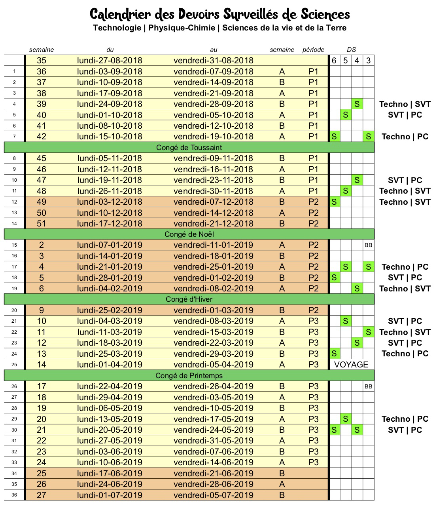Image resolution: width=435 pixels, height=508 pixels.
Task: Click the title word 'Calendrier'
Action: click(x=120, y=15)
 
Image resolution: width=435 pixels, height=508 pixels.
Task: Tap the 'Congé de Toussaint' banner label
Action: click(x=189, y=148)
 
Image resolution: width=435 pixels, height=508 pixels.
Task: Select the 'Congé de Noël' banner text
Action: click(x=189, y=234)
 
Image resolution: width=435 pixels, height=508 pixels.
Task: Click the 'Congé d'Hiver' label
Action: click(x=189, y=299)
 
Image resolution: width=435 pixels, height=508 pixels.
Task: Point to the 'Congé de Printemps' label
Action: click(x=189, y=376)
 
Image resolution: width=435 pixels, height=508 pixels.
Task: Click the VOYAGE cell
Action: click(x=351, y=365)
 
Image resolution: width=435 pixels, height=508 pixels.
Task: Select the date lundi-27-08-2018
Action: click(x=110, y=61)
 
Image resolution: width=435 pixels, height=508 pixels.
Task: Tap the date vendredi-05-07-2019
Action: click(x=214, y=495)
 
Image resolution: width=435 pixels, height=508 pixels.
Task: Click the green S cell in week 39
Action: click(x=357, y=104)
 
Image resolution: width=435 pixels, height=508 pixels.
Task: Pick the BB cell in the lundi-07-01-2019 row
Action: click(x=369, y=245)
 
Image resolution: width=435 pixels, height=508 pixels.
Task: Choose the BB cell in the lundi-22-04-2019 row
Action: click(x=369, y=386)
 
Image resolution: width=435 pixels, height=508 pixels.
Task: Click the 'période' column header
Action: click(x=313, y=50)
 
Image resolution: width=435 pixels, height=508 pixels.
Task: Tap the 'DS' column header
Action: click(x=351, y=50)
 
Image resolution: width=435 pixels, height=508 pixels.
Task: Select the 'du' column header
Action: click(x=110, y=50)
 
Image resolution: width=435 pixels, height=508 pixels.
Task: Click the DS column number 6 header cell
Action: click(x=334, y=61)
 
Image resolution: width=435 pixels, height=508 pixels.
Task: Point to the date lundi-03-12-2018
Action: click(x=110, y=202)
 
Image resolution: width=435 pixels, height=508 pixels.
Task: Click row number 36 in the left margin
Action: click(x=14, y=495)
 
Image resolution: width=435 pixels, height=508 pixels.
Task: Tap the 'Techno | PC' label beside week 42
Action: click(x=405, y=137)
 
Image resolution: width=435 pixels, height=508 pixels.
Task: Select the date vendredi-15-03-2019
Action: click(x=214, y=332)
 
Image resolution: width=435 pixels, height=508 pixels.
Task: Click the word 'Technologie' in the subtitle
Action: click(x=117, y=28)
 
